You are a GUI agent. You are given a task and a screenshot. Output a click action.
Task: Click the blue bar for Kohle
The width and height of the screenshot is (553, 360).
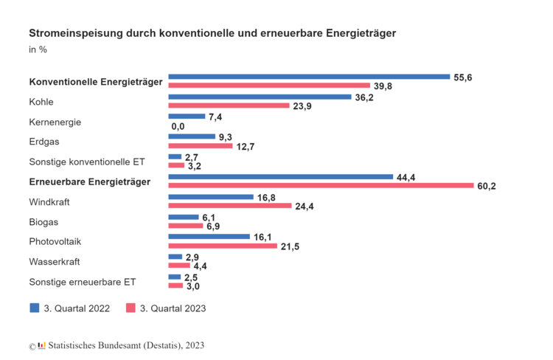[x=260, y=97]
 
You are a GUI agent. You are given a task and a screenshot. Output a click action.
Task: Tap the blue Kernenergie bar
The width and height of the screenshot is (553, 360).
[x=187, y=117]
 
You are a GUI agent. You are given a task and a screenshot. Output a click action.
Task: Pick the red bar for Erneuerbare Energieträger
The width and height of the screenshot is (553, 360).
[x=321, y=186]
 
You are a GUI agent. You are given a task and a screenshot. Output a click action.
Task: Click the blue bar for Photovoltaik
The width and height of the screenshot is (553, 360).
[x=209, y=237]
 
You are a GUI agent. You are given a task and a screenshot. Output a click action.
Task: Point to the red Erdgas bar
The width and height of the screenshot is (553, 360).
[x=201, y=145]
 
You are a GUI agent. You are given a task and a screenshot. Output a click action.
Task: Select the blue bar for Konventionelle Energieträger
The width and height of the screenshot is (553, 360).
[x=309, y=76]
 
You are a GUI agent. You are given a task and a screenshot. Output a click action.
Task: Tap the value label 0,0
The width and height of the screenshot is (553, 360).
[x=177, y=126]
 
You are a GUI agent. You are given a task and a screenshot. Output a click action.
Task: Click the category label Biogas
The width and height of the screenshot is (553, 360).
[x=44, y=222]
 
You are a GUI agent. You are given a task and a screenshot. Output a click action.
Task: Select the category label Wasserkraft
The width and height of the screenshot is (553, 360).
[x=55, y=262]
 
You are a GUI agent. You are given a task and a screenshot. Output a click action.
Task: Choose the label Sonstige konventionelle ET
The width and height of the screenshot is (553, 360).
[x=87, y=162]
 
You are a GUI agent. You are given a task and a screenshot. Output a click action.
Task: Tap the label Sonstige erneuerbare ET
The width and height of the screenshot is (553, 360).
[x=83, y=282]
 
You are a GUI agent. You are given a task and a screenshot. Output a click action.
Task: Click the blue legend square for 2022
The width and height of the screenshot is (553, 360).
[x=34, y=308]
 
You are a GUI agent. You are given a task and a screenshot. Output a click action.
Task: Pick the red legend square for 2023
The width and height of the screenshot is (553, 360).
[x=131, y=308]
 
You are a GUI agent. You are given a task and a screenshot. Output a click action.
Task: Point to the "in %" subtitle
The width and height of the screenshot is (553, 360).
[x=38, y=50]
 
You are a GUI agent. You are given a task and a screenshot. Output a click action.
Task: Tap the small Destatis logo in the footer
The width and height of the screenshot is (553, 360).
[x=42, y=345]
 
